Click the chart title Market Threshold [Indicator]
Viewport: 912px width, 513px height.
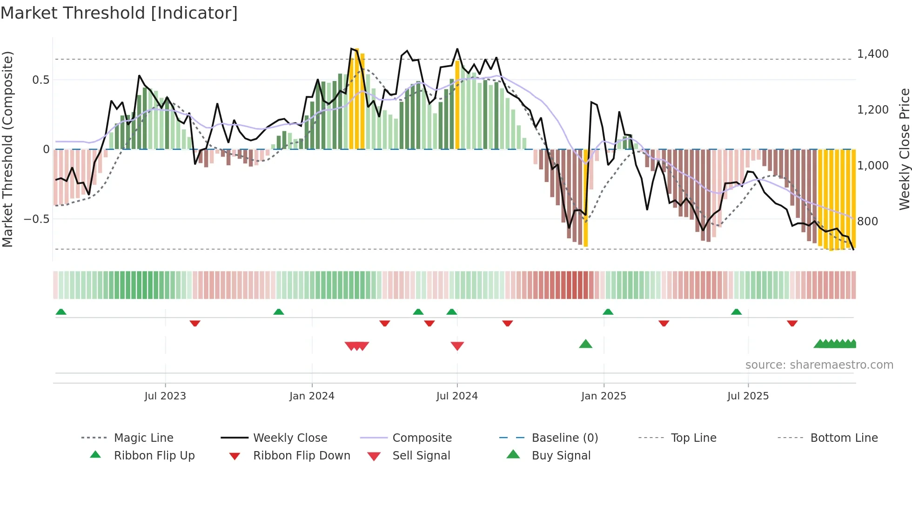[119, 13]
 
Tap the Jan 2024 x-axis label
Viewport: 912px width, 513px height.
[312, 396]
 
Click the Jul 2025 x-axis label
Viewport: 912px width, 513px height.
[748, 396]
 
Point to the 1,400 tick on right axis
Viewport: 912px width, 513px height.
[872, 54]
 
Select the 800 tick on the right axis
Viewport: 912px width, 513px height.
[867, 222]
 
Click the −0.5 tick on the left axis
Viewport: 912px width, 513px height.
[36, 219]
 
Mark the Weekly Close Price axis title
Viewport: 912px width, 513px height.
[904, 149]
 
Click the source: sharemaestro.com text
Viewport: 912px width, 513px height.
[819, 365]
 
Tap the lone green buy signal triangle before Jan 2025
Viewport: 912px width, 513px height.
[585, 344]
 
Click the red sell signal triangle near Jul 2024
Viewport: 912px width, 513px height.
[457, 346]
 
